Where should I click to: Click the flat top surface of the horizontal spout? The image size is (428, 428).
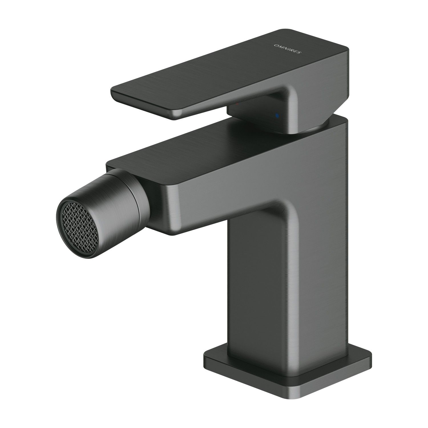[200, 148]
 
